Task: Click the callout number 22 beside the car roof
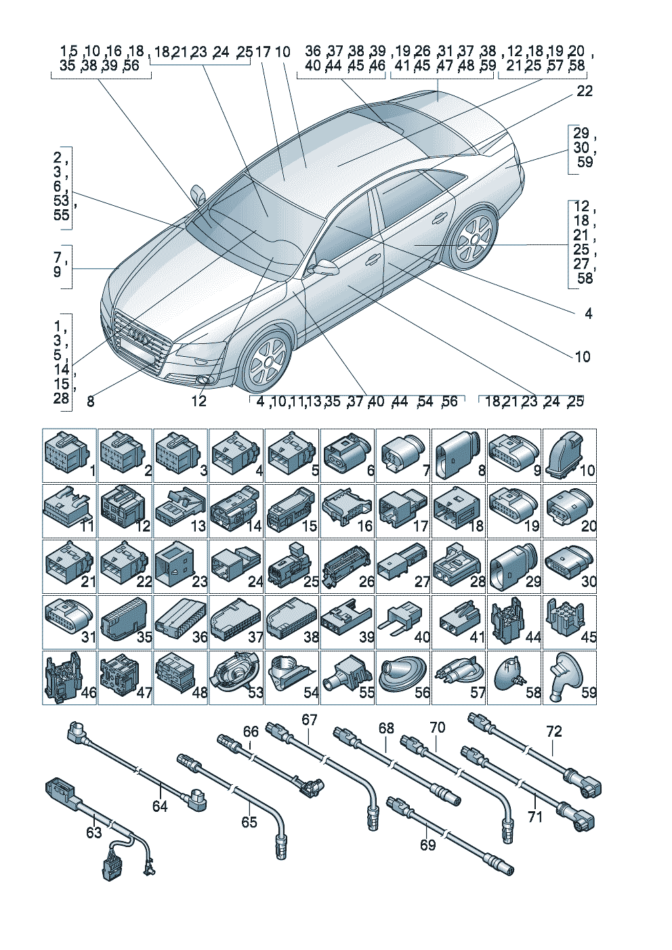pyautogui.click(x=584, y=91)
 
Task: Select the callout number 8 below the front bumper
pyautogui.click(x=91, y=402)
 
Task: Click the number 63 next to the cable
pyautogui.click(x=93, y=832)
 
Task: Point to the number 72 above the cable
pyautogui.click(x=554, y=731)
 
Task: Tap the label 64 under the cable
pyautogui.click(x=160, y=806)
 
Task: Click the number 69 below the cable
pyautogui.click(x=427, y=845)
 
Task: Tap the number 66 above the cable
pyautogui.click(x=251, y=731)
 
